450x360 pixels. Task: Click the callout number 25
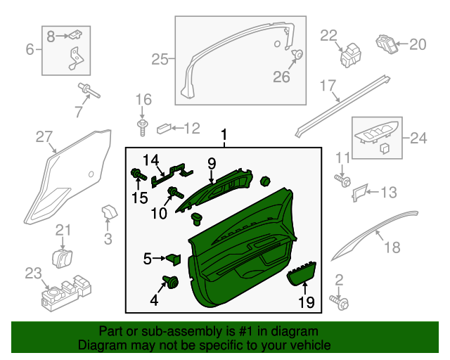[x=160, y=60]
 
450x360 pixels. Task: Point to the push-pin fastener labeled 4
[x=171, y=283]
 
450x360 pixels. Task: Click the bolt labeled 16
[x=143, y=126]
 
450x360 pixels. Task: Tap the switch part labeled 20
[x=386, y=44]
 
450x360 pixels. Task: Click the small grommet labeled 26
[x=298, y=54]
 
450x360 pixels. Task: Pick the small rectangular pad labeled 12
[x=164, y=128]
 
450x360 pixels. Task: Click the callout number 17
[x=328, y=86]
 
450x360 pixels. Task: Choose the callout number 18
[x=392, y=247]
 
